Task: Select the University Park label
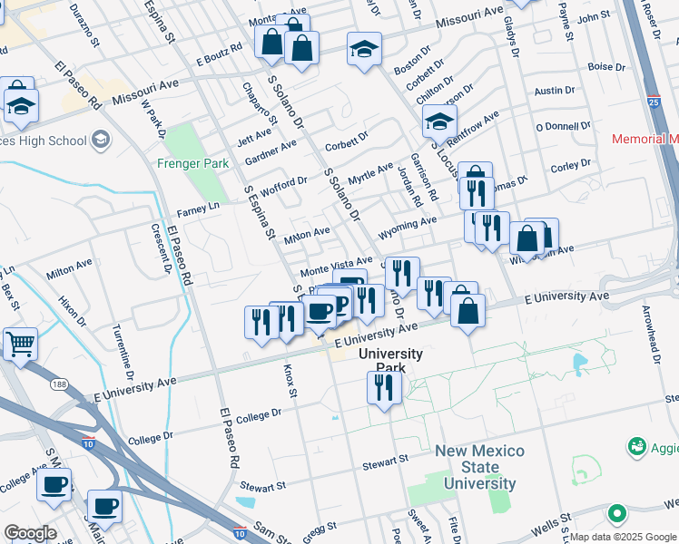pyautogui.click(x=390, y=354)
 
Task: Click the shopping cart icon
pyautogui.click(x=20, y=345)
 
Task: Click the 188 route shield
pyautogui.click(x=60, y=385)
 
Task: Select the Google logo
pyautogui.click(x=30, y=532)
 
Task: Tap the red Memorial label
pyautogui.click(x=645, y=139)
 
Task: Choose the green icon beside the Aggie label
pyautogui.click(x=637, y=447)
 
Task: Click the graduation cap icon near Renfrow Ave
pyautogui.click(x=439, y=121)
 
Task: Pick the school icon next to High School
pyautogui.click(x=100, y=141)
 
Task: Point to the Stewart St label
pyautogui.click(x=384, y=463)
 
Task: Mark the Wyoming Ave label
pyautogui.click(x=408, y=223)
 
